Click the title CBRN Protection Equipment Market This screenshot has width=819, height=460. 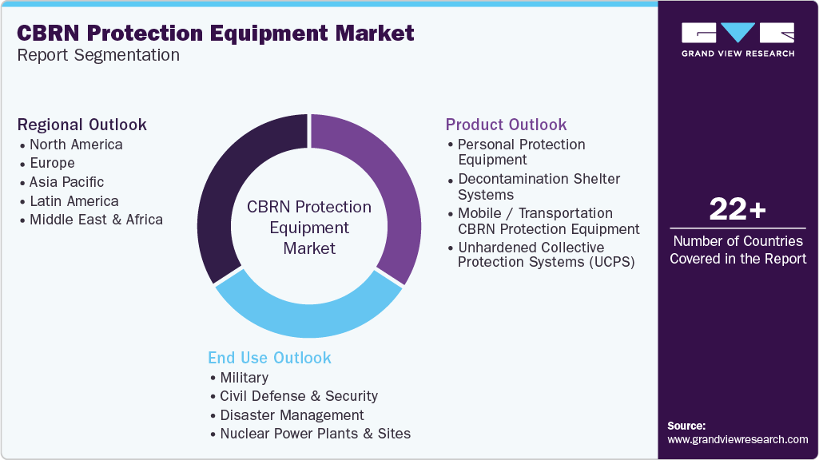pos(215,33)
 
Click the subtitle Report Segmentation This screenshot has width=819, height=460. pos(99,55)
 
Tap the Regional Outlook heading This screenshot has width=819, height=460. pos(82,125)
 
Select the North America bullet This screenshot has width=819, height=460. pos(76,145)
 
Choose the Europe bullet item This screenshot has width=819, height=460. pos(52,163)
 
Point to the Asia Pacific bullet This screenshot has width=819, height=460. pos(66,182)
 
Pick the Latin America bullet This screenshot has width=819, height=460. pos(74,201)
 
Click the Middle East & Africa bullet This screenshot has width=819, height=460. pos(96,220)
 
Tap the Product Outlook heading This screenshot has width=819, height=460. pos(506,125)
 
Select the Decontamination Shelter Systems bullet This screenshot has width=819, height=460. pos(539,187)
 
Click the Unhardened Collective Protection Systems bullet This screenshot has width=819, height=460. pos(546,255)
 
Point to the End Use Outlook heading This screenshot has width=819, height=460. pos(269,358)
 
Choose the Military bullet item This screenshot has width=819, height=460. pos(244,378)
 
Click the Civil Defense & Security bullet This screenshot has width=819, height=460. pos(299,396)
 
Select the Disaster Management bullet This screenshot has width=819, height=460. pos(292,415)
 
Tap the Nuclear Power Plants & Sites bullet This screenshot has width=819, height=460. pos(315,434)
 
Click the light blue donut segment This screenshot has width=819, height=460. pos(308,308)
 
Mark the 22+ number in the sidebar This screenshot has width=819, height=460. pos(737,210)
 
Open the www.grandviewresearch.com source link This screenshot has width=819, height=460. pos(737,439)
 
